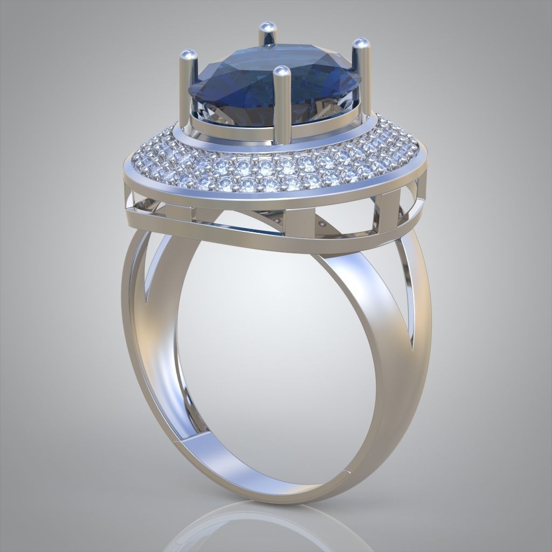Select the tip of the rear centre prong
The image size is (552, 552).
pos(266,27)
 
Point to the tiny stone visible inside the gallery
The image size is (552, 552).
pos(322,223)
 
